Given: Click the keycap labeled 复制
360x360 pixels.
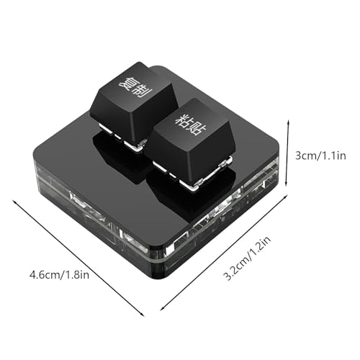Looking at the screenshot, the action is [134, 103].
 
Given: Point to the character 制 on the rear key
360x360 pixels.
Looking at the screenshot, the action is [143, 92].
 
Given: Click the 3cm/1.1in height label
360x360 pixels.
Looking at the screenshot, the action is [320, 156].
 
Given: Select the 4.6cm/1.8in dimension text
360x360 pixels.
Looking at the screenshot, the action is [59, 274].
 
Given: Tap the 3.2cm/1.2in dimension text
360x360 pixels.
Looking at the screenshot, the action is [247, 258].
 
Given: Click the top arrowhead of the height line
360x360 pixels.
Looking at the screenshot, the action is [288, 122].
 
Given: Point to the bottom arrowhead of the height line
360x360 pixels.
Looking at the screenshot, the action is [287, 185].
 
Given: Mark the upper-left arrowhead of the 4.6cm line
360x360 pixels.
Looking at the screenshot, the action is [14, 201].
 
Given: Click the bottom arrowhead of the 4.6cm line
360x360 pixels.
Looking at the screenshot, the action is [143, 315].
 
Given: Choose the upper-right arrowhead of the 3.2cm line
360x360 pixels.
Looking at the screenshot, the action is [287, 196].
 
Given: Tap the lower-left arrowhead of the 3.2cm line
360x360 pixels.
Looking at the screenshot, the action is [161, 310].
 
